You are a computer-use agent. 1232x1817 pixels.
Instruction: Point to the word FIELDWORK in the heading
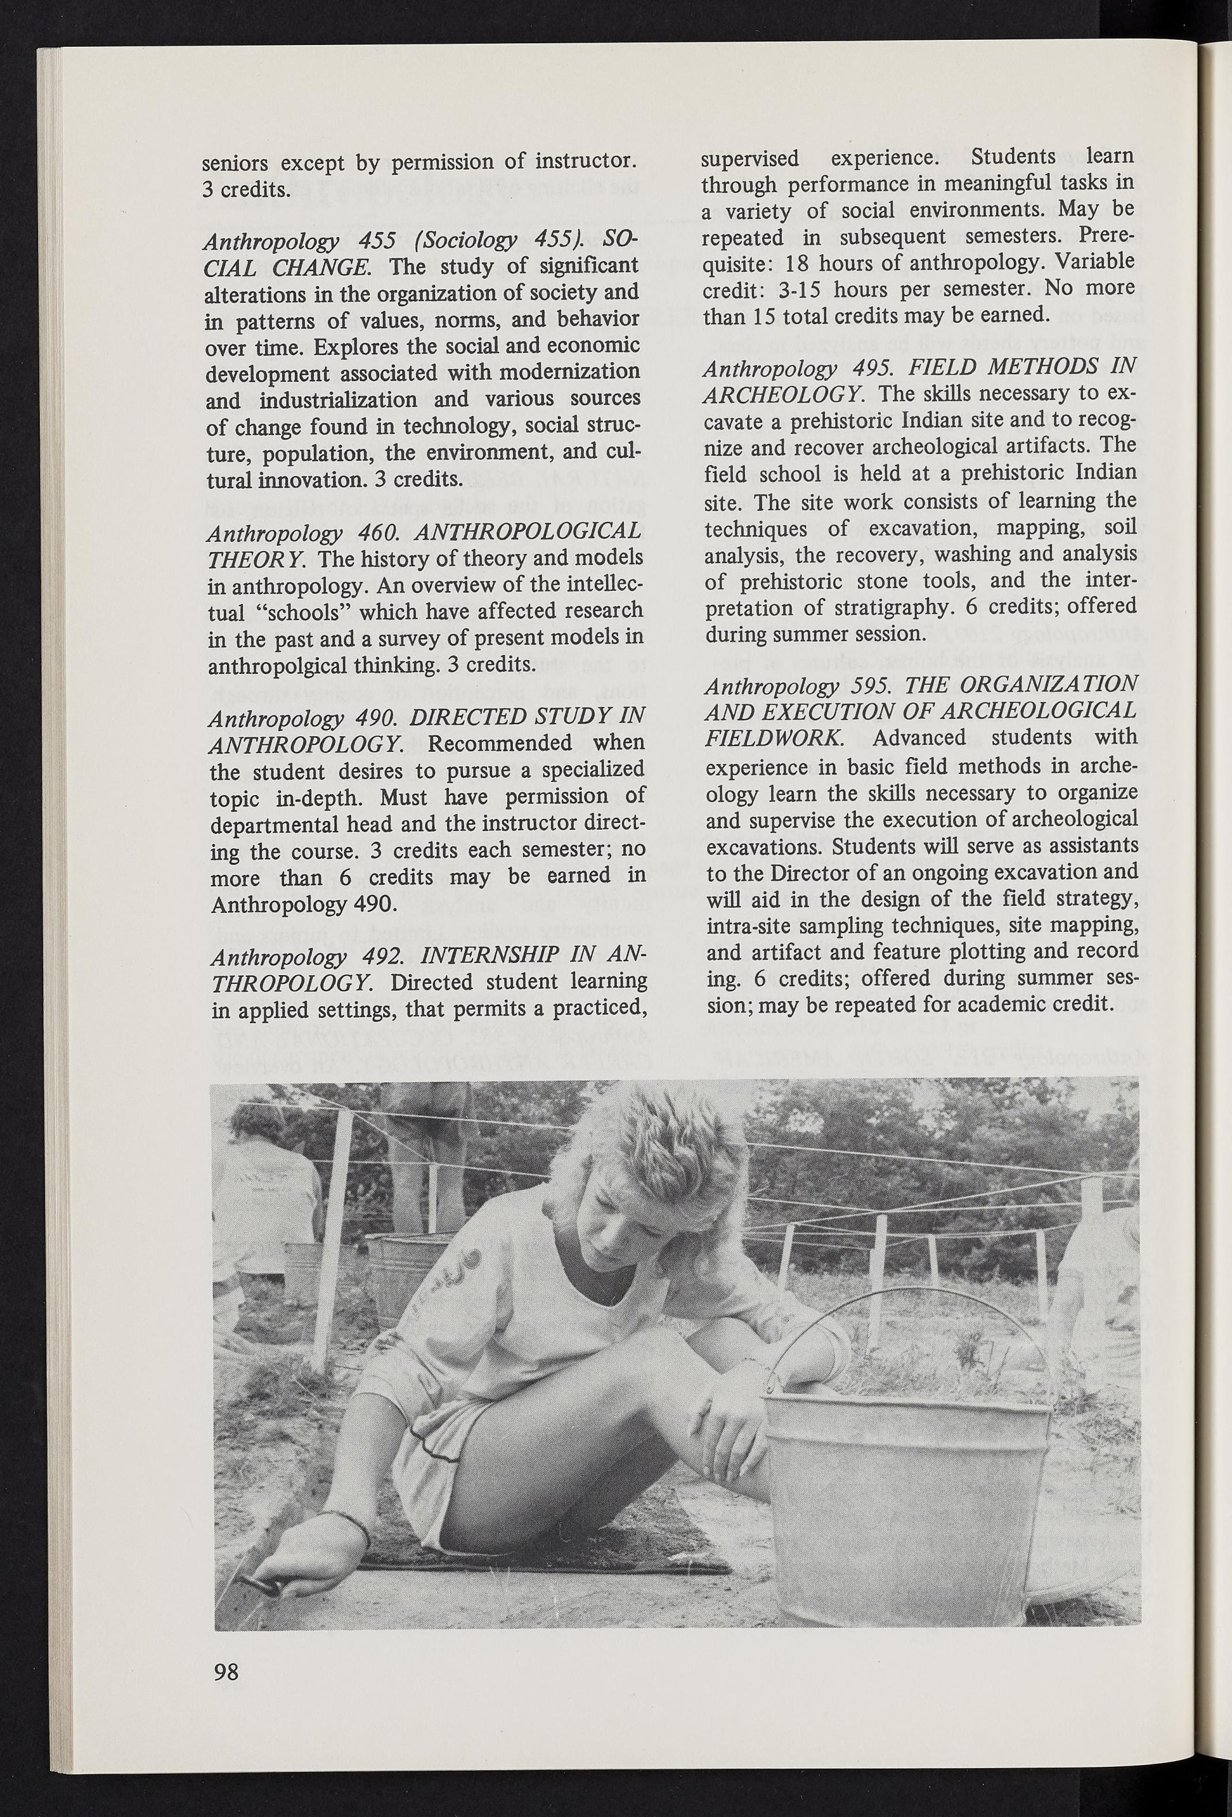(x=772, y=738)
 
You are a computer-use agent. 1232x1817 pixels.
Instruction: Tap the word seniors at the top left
(x=235, y=163)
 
